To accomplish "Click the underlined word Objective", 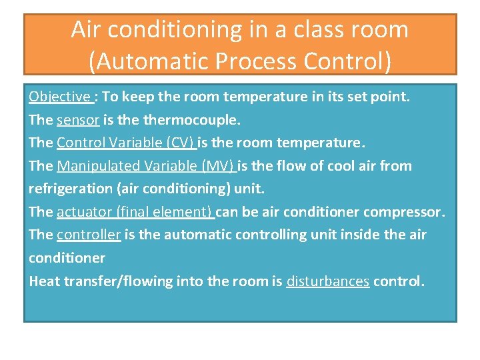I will click(x=59, y=97).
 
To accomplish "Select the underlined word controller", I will click(x=89, y=235).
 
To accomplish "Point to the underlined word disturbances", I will click(x=327, y=281).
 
